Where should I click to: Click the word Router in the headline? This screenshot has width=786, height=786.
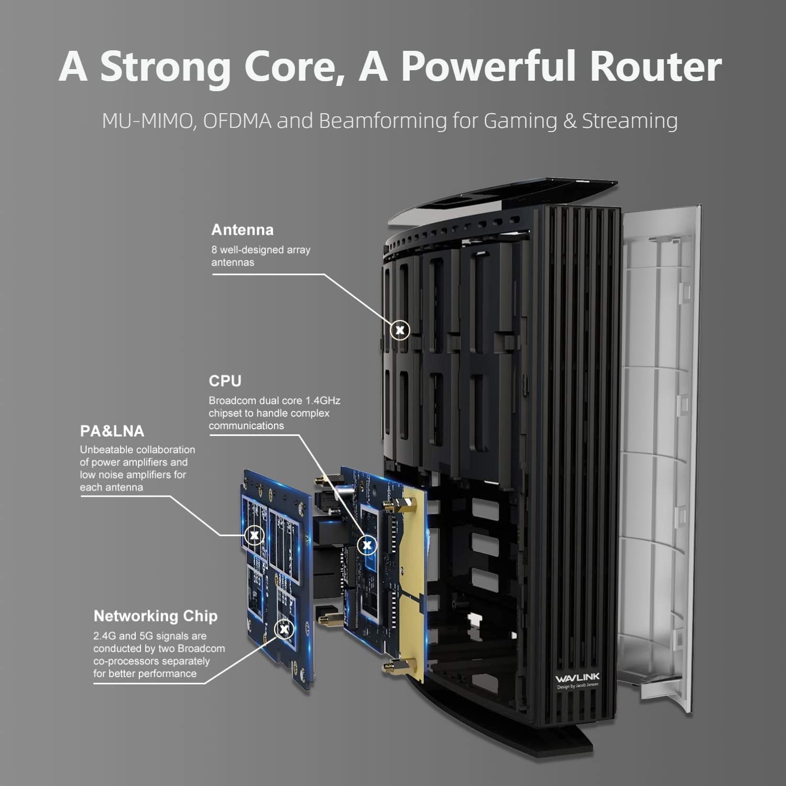656,67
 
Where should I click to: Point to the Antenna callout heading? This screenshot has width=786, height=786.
242,230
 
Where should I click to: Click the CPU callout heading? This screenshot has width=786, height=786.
225,381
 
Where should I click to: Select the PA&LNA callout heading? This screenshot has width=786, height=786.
112,431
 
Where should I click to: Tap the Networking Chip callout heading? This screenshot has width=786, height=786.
155,616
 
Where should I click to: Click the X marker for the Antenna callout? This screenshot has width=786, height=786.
400,330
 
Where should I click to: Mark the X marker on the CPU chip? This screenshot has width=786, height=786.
367,545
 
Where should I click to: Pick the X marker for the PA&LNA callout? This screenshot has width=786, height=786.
254,535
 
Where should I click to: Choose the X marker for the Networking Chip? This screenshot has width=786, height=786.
284,629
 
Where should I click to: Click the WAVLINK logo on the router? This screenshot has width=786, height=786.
577,678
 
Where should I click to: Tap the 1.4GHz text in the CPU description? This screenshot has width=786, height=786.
323,401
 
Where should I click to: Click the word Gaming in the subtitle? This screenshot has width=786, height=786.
520,121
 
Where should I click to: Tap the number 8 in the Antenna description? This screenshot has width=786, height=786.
214,250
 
